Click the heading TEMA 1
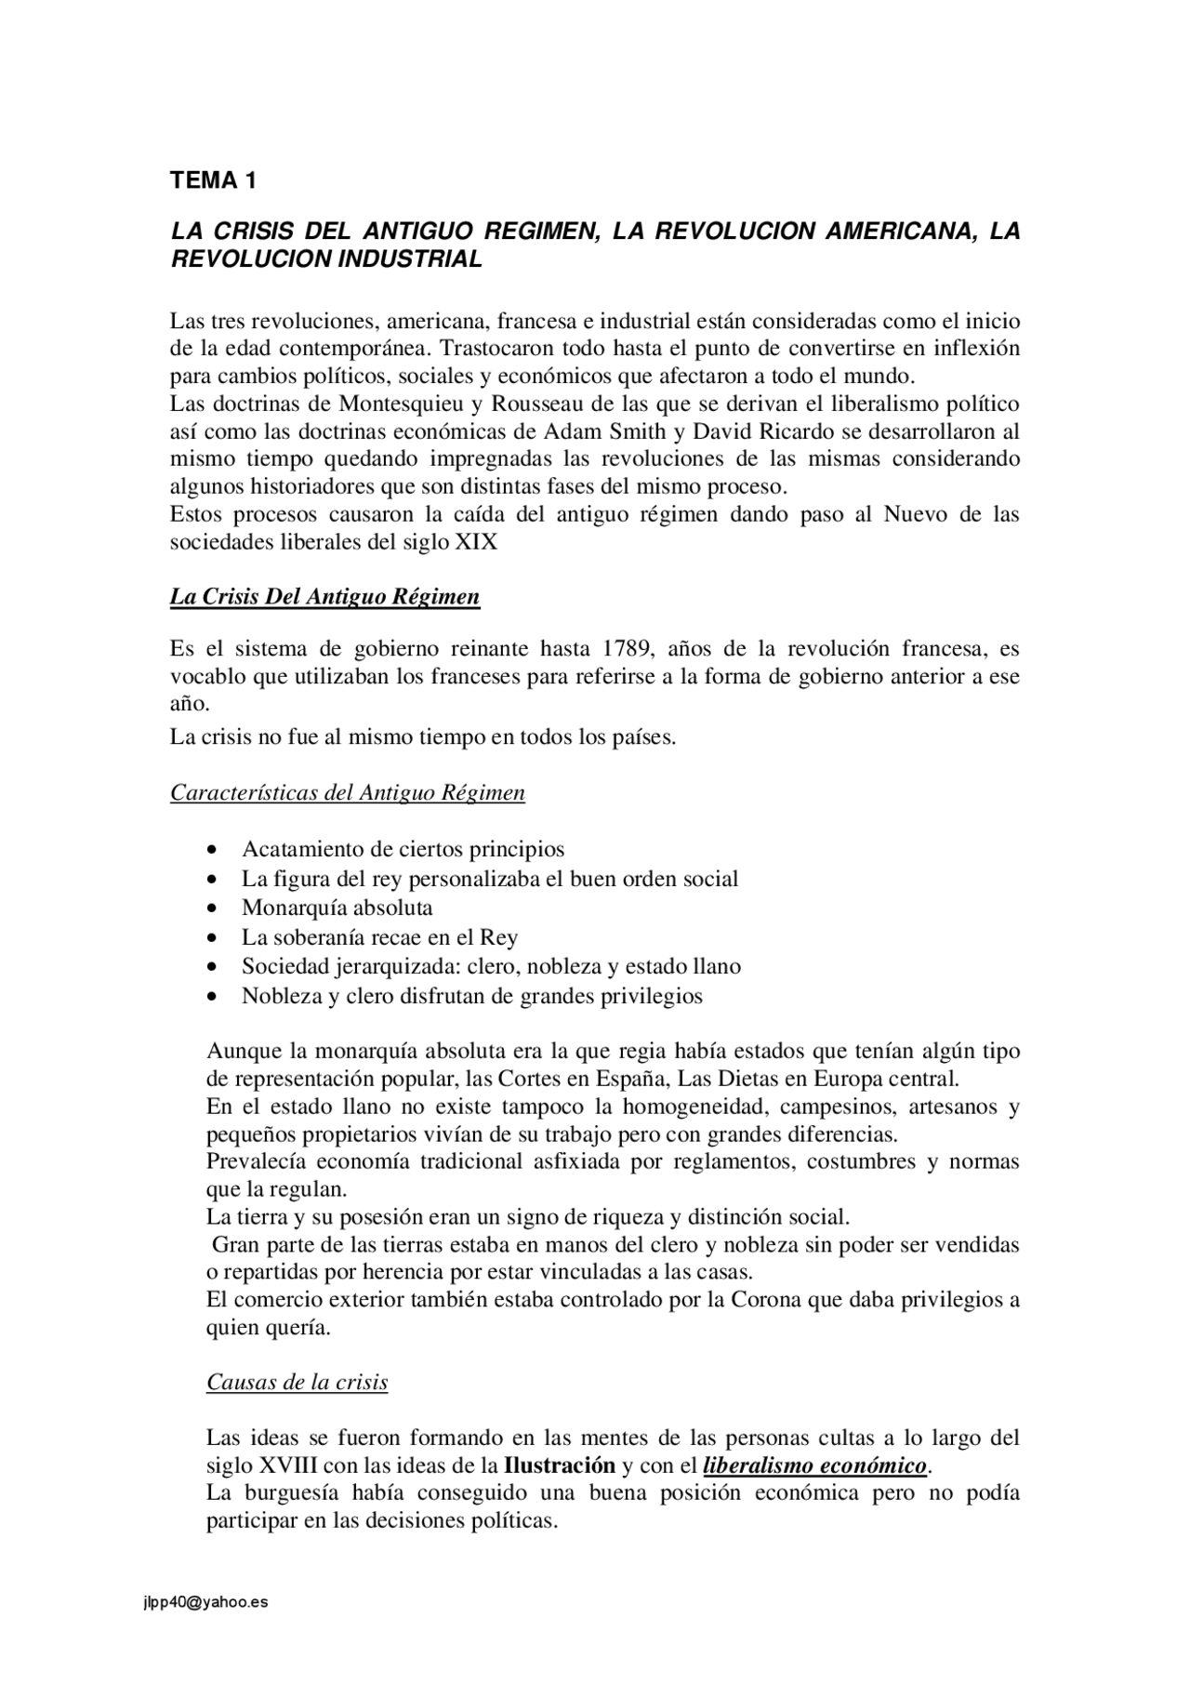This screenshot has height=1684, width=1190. pyautogui.click(x=213, y=180)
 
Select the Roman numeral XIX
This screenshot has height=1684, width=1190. pyautogui.click(x=475, y=542)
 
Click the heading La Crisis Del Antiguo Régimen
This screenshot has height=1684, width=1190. pyautogui.click(x=324, y=597)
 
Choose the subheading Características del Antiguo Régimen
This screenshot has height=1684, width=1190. pyautogui.click(x=347, y=793)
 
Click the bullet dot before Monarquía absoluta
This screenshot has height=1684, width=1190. pyautogui.click(x=214, y=908)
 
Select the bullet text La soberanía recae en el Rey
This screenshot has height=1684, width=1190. pyautogui.click(x=380, y=937)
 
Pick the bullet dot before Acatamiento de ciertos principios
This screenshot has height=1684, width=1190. pyautogui.click(x=214, y=850)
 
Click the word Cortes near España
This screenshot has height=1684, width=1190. pyautogui.click(x=529, y=1080)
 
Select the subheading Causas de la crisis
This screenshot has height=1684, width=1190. pyautogui.click(x=297, y=1383)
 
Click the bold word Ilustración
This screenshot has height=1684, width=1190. pyautogui.click(x=560, y=1466)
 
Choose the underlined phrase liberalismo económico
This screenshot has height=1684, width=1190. pyautogui.click(x=815, y=1466)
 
